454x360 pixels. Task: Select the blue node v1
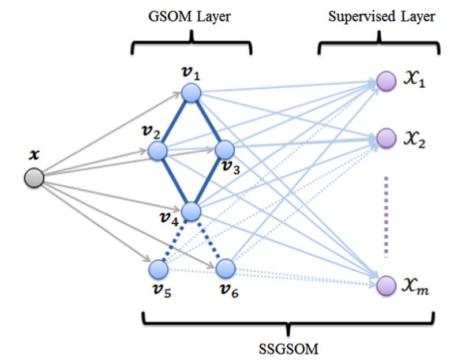(x=190, y=92)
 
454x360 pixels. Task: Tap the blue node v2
(x=157, y=151)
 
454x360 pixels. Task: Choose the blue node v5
(x=157, y=268)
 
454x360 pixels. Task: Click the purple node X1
(x=385, y=81)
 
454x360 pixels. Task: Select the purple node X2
(x=385, y=137)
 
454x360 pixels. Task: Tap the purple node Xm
(x=385, y=284)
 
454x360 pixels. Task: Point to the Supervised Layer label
(x=381, y=17)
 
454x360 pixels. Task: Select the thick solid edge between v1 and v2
(x=174, y=122)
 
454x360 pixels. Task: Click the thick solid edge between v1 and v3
(x=207, y=122)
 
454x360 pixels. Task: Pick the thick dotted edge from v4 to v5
(x=174, y=240)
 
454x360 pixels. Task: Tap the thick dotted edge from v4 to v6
(x=208, y=240)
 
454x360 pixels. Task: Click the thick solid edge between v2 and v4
(x=174, y=181)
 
